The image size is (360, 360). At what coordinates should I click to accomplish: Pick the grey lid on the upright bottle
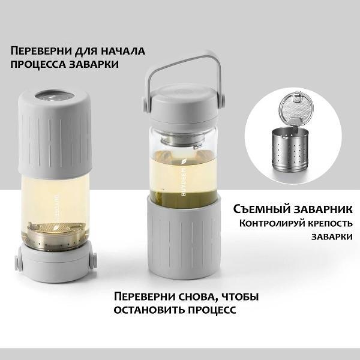(183, 106)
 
